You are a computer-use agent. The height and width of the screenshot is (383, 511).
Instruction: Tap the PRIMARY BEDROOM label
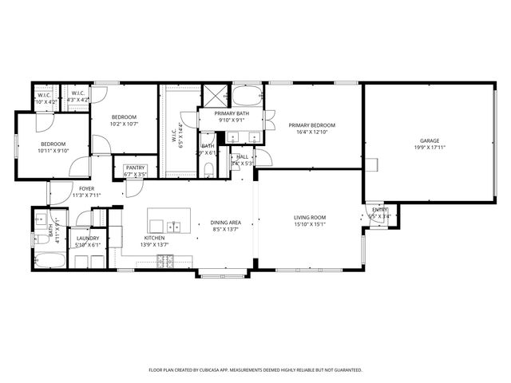click(311, 125)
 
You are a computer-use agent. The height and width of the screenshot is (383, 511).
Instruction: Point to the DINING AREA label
click(226, 223)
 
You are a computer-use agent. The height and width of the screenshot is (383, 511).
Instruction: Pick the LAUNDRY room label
click(87, 239)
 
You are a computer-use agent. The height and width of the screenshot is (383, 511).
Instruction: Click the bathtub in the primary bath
click(247, 97)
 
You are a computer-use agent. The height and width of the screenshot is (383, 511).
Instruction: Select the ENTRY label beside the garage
click(379, 210)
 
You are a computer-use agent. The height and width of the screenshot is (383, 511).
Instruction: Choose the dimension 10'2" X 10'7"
click(124, 124)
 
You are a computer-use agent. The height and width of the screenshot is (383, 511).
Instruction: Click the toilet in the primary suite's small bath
click(208, 168)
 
